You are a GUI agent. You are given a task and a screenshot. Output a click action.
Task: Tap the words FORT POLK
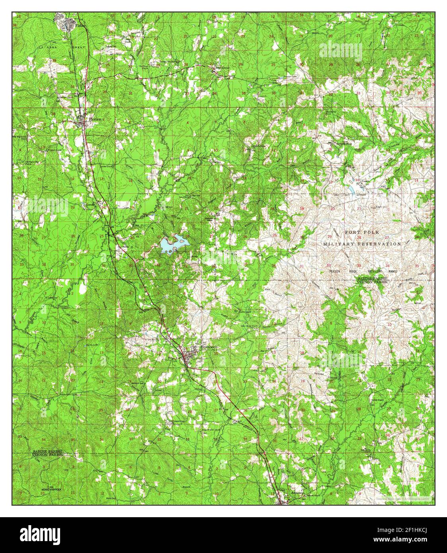[x=362, y=232]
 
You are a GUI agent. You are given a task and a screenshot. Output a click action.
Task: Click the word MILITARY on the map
[x=338, y=243]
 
